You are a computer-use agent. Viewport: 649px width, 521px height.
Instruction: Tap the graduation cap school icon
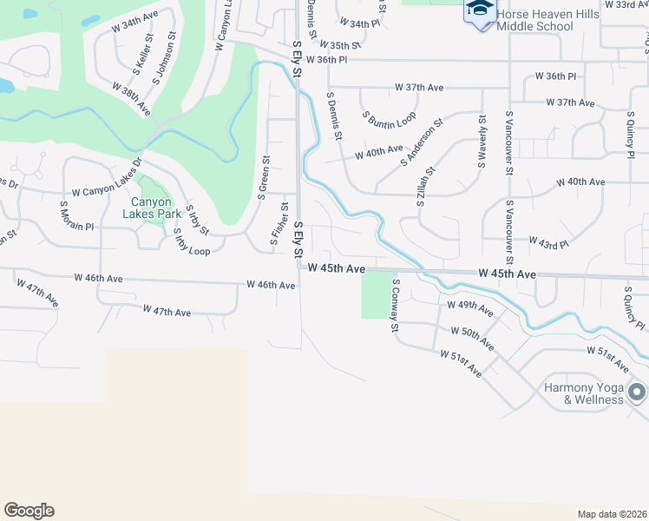tap(477, 10)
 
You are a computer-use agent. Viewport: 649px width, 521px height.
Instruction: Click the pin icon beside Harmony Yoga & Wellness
tap(637, 392)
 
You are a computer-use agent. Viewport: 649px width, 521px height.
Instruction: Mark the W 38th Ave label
tap(132, 100)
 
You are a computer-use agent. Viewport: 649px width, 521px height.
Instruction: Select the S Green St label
tap(263, 178)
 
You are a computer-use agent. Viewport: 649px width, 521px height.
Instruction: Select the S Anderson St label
tap(422, 142)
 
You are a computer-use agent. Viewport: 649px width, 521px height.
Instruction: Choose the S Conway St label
tap(395, 305)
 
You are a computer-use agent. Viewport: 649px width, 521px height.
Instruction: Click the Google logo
tap(29, 510)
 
